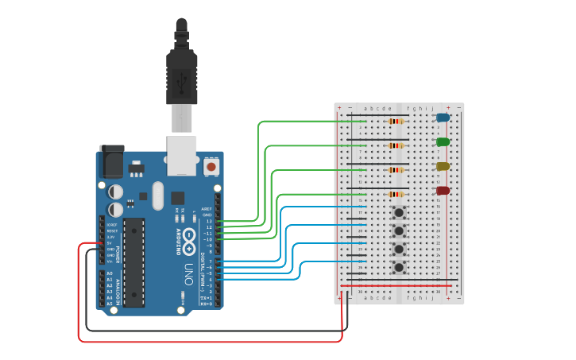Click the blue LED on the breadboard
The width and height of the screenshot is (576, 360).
tap(443, 118)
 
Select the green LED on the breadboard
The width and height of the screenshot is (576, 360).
tap(443, 141)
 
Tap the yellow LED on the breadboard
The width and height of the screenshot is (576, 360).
tap(443, 166)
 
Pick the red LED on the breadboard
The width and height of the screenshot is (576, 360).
tap(443, 191)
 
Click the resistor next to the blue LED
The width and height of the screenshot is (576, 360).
tap(395, 121)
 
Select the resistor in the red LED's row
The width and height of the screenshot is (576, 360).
tap(395, 194)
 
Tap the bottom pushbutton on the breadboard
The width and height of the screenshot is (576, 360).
tap(400, 267)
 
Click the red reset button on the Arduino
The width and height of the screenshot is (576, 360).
tap(211, 167)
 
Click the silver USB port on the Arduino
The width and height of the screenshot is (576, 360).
tap(182, 154)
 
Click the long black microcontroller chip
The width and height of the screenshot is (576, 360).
tap(133, 262)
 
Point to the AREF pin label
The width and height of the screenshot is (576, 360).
tap(207, 209)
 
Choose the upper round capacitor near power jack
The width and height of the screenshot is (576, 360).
tap(116, 192)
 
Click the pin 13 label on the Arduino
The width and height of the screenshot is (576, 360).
tap(208, 221)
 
